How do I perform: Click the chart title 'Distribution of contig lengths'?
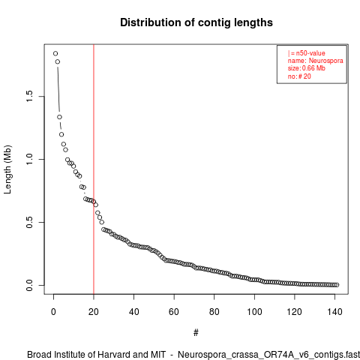(x=196, y=22)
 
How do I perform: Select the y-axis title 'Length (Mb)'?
(x=7, y=169)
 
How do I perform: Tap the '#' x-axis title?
(x=196, y=333)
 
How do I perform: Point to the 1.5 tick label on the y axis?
(x=29, y=96)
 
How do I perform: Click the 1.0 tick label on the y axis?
(x=29, y=159)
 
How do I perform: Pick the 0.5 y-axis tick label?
(x=29, y=222)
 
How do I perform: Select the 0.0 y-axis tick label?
(x=29, y=285)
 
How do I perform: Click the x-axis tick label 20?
(x=94, y=312)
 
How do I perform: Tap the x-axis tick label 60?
(x=174, y=312)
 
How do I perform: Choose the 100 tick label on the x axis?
(x=254, y=312)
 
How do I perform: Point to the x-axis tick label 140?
(x=334, y=312)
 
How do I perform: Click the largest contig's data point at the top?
(x=55, y=53)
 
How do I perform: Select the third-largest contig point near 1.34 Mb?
(x=59, y=117)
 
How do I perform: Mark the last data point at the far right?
(x=337, y=285)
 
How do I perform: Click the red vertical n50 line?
(x=94, y=169)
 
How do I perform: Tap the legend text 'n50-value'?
(x=310, y=53)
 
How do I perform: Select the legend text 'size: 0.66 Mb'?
(x=307, y=68)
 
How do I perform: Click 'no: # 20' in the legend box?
(x=299, y=76)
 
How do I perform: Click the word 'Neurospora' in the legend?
(x=325, y=61)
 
